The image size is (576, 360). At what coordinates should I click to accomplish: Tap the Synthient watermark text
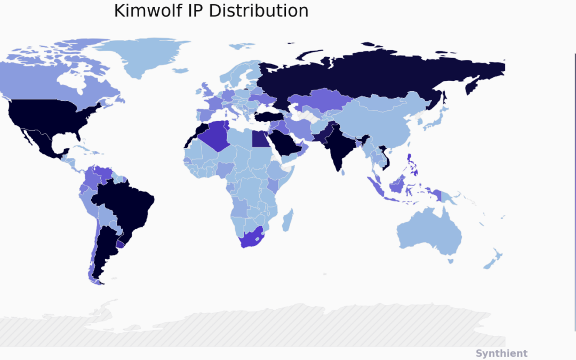click(501, 353)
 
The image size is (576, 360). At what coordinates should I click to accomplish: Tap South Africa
click(251, 237)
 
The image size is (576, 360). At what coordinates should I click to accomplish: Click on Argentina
click(104, 251)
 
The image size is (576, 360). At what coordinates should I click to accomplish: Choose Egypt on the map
click(260, 139)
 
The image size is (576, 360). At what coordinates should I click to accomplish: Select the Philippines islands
click(411, 165)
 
